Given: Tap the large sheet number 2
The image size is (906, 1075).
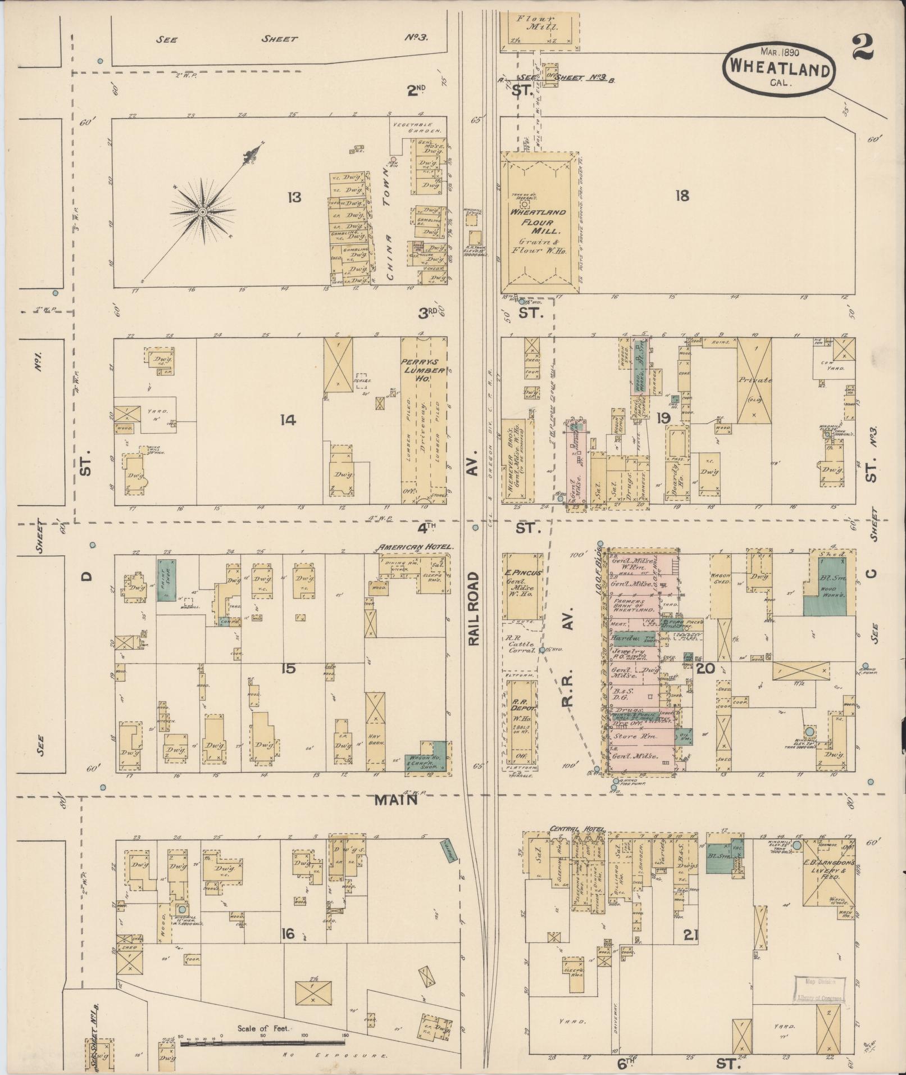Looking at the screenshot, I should (x=862, y=46).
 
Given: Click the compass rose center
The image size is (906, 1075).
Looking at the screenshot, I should (x=202, y=211).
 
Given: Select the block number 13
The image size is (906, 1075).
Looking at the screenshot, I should (x=293, y=197).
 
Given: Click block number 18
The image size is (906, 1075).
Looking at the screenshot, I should (x=682, y=196).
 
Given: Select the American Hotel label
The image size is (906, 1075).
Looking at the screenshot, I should (x=416, y=547).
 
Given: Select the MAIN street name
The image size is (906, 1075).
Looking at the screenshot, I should (x=397, y=800).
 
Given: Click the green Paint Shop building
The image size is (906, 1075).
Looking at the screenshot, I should (x=167, y=580).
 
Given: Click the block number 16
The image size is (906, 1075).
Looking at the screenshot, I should (x=288, y=934).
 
